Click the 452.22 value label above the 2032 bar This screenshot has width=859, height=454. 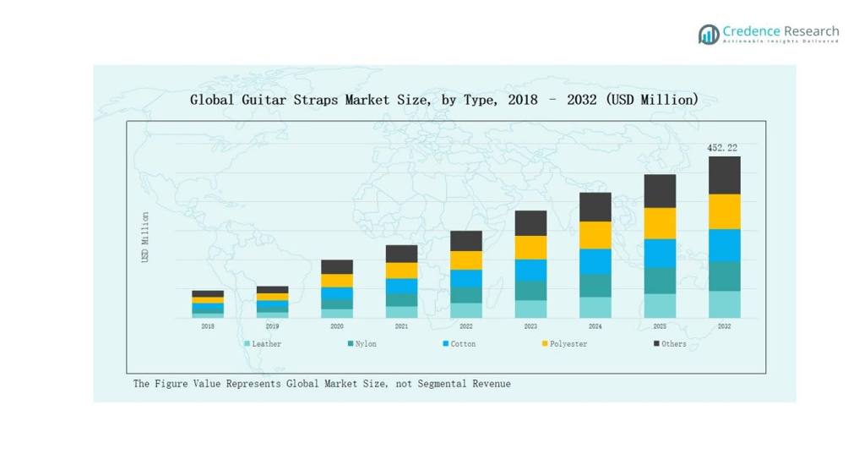tap(721, 148)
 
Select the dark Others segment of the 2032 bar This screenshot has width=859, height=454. tap(724, 175)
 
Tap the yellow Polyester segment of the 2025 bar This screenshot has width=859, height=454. tap(660, 223)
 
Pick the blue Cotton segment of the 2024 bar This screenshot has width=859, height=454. tap(595, 261)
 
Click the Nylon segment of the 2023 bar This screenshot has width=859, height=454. tap(530, 290)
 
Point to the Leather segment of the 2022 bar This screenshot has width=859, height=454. tap(465, 310)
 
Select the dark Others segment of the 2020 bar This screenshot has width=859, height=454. tap(336, 267)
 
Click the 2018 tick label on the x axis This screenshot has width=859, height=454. tap(208, 325)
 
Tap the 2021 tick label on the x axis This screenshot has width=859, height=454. tap(401, 325)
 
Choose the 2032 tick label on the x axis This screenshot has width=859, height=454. tap(724, 325)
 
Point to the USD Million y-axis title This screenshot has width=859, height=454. tap(145, 237)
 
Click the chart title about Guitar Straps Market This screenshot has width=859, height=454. tap(444, 100)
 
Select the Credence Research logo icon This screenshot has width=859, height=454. tap(708, 34)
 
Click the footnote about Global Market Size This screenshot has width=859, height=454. tap(322, 384)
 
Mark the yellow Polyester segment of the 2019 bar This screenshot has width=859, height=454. tap(272, 297)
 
